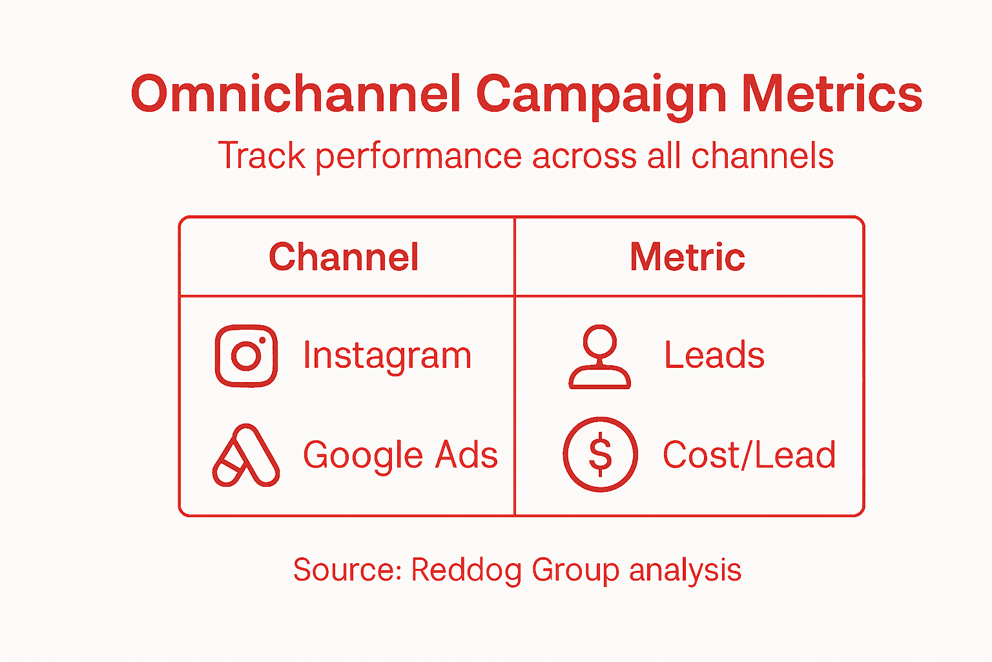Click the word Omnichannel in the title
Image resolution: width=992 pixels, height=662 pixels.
click(x=296, y=94)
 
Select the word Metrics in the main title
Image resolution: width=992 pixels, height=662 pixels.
click(x=831, y=94)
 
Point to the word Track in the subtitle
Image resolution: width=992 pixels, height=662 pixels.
click(x=262, y=156)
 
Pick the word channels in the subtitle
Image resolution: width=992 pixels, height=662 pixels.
click(x=762, y=156)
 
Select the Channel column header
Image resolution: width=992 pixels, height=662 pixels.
click(x=344, y=257)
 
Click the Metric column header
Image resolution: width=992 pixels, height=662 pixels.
click(x=687, y=257)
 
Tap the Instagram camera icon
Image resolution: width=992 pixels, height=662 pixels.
click(x=246, y=356)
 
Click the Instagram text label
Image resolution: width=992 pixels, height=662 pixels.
click(x=387, y=356)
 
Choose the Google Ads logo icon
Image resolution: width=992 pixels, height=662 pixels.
click(x=245, y=456)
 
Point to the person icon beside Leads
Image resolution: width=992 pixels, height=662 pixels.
click(x=599, y=356)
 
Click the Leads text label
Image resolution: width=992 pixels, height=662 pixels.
click(x=714, y=355)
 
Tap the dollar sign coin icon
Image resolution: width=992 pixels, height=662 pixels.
click(x=600, y=454)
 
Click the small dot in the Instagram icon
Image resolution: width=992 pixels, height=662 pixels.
click(x=262, y=340)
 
